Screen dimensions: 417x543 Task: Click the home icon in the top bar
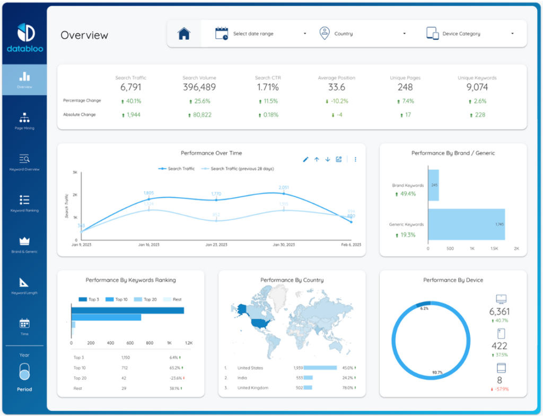184,34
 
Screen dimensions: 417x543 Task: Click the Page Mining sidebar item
24,121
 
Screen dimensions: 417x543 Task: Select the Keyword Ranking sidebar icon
24,200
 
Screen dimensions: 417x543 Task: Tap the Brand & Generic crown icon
24,241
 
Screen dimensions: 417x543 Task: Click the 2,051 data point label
284,187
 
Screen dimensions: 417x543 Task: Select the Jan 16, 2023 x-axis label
149,245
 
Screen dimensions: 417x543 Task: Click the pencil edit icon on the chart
305,159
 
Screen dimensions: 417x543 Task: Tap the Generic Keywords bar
466,224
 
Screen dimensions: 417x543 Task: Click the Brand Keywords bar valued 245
433,185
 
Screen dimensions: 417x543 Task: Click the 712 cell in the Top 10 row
125,368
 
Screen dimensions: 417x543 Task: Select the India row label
242,378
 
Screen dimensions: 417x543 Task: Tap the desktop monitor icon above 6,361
501,299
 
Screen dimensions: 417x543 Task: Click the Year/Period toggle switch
24,372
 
